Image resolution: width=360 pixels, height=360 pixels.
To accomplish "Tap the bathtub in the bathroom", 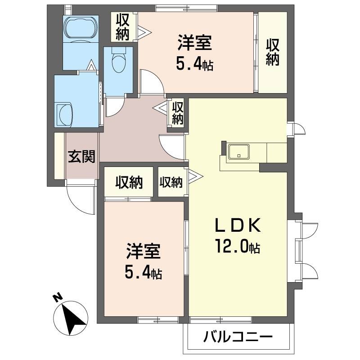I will click(x=81, y=28).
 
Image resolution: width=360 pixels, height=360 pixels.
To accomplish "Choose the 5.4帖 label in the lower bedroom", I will click(x=144, y=272).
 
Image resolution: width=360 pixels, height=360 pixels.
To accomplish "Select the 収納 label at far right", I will click(x=272, y=52).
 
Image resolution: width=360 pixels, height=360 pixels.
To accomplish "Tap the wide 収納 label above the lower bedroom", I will click(x=129, y=182).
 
